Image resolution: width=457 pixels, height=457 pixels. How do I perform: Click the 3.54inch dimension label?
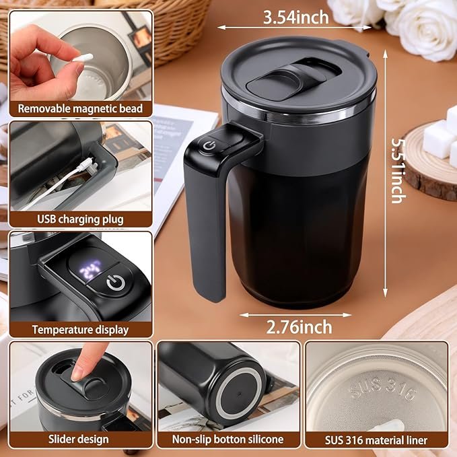(x=296, y=17)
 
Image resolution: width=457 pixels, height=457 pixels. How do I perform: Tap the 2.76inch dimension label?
(x=299, y=327)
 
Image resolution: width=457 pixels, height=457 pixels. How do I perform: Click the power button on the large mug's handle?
(x=209, y=145)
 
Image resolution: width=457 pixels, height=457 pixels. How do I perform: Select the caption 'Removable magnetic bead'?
(x=80, y=109)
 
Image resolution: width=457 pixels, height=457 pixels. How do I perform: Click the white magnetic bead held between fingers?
(x=83, y=58)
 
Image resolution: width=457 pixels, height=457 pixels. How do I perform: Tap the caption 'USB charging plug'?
(x=80, y=219)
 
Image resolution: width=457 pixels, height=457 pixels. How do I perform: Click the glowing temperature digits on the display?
(x=90, y=269)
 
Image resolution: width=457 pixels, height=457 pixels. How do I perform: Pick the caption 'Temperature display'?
(x=80, y=330)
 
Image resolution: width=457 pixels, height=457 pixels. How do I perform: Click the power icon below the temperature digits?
(x=116, y=283)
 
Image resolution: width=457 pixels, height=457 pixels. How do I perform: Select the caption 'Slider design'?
(x=78, y=440)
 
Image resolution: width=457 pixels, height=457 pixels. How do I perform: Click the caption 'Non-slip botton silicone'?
(x=227, y=440)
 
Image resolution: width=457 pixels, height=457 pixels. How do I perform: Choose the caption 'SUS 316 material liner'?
(x=376, y=440)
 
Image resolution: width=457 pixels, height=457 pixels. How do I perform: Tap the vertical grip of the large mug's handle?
(x=205, y=230)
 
